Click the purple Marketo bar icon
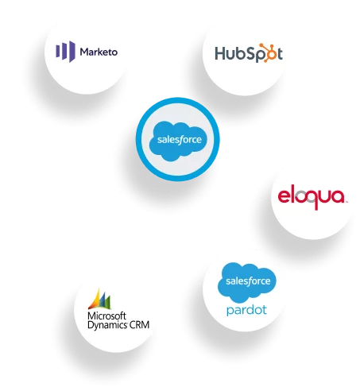pyautogui.click(x=65, y=52)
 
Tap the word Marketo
pyautogui.click(x=99, y=52)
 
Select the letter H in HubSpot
pyautogui.click(x=220, y=53)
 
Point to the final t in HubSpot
pyautogui.click(x=280, y=53)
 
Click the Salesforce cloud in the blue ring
pyautogui.click(x=178, y=141)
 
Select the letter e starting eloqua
pyautogui.click(x=285, y=197)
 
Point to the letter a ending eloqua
pyautogui.click(x=338, y=197)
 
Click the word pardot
pyautogui.click(x=246, y=310)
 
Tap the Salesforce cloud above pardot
pyautogui.click(x=247, y=282)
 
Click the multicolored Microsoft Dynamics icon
pyautogui.click(x=99, y=299)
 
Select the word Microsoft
pyautogui.click(x=106, y=316)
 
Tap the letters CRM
pyautogui.click(x=140, y=324)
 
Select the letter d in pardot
pyautogui.click(x=252, y=309)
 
